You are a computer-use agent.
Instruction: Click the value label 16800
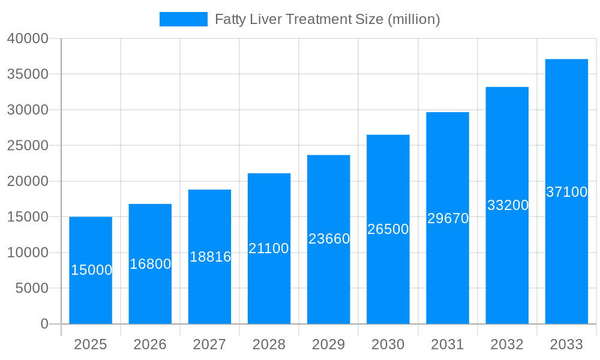150,264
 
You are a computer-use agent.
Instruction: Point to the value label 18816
210,257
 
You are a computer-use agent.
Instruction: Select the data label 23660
329,239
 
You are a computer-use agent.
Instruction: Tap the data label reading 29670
448,218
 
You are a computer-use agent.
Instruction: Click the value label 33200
508,205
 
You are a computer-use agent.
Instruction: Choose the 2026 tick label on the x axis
150,345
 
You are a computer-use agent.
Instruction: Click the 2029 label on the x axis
329,345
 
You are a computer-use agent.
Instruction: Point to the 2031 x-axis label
448,345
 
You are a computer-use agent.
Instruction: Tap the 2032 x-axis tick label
507,345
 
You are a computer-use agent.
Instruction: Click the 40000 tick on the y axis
28,39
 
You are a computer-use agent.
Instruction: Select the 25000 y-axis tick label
28,146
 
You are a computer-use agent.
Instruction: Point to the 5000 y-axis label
32,289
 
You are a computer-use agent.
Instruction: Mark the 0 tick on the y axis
44,324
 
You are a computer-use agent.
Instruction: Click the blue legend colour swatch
183,19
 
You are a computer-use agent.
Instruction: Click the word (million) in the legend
413,19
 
